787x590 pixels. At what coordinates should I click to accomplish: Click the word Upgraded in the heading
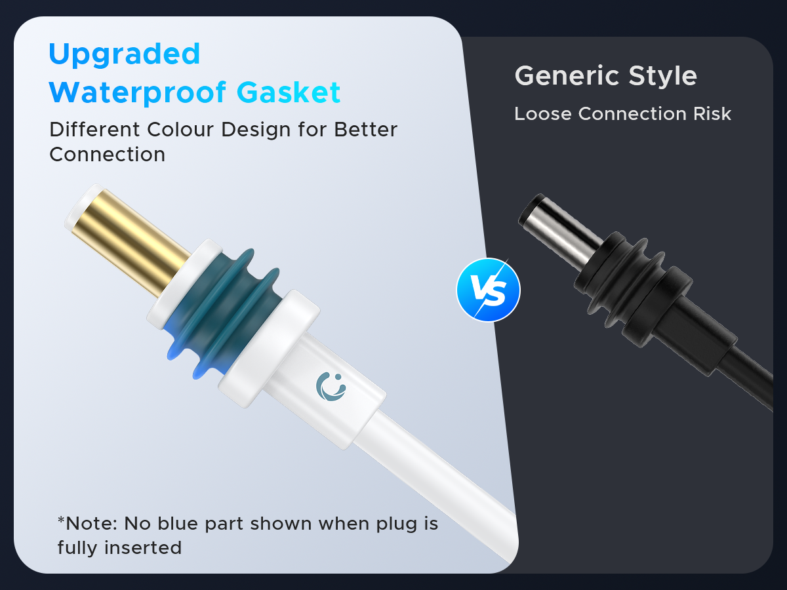coord(124,54)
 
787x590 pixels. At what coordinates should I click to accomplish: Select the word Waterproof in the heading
coord(137,93)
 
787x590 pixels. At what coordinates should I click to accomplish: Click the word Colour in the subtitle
coord(180,129)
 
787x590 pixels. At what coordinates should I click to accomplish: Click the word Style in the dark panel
coord(662,76)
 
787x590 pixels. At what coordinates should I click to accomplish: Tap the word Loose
coord(543,114)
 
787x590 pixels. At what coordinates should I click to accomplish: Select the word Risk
coord(712,114)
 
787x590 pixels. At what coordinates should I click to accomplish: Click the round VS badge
coord(489,290)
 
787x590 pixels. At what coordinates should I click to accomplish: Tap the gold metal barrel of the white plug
coord(131,241)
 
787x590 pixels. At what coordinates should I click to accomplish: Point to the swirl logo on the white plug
coord(331,386)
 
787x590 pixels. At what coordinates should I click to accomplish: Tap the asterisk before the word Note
coord(61,520)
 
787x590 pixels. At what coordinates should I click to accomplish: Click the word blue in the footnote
coord(178,523)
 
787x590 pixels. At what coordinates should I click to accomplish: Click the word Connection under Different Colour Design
coord(107,155)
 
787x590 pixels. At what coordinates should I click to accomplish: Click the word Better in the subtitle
coord(366,129)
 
